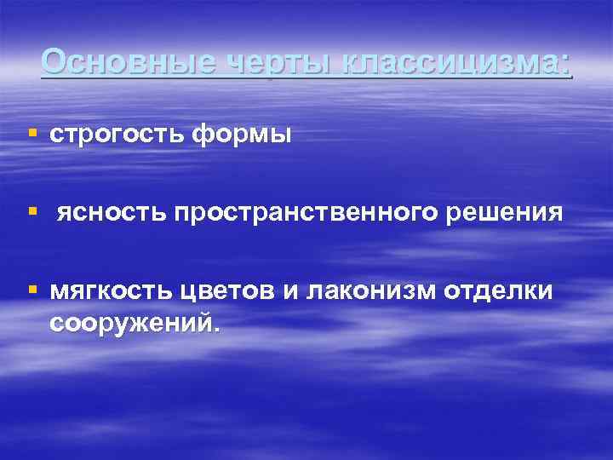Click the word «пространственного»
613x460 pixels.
(315, 213)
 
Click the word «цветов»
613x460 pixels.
(226, 292)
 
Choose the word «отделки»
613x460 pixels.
(498, 292)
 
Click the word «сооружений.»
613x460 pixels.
(134, 324)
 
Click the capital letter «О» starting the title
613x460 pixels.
(54, 61)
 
